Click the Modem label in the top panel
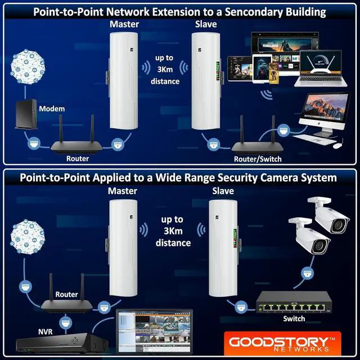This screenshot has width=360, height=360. (52, 109)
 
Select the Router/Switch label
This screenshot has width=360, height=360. (258, 159)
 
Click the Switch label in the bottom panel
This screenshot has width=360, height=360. (294, 318)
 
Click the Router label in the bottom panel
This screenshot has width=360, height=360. (66, 294)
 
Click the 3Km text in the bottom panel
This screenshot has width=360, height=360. (171, 231)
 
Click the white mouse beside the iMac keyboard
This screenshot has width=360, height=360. (336, 146)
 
